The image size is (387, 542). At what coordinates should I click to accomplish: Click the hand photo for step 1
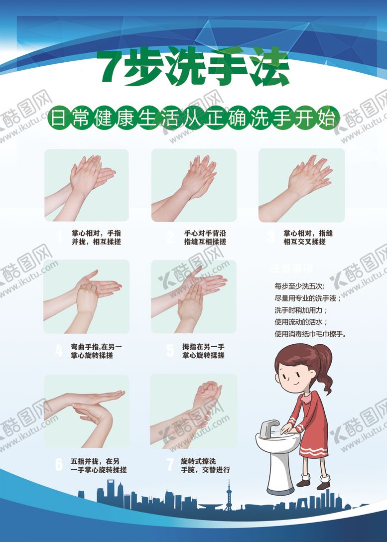coord(87,185)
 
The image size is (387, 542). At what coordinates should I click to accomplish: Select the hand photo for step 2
coord(194,185)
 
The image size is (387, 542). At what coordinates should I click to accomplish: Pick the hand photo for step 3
coord(301,185)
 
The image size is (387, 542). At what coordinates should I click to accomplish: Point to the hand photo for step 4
coord(87,296)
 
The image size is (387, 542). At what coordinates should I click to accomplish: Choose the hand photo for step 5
coord(194,296)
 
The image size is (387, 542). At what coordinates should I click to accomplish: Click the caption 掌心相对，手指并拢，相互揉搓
coord(96,237)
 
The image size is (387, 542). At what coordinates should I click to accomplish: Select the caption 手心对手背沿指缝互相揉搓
coord(205,237)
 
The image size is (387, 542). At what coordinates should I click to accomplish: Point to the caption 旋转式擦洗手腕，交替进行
coord(205,464)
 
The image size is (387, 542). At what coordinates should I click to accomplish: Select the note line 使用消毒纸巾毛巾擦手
coord(310,334)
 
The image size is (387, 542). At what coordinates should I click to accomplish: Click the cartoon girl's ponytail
coord(325,369)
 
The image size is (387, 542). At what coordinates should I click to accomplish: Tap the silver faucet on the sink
coord(269,426)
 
